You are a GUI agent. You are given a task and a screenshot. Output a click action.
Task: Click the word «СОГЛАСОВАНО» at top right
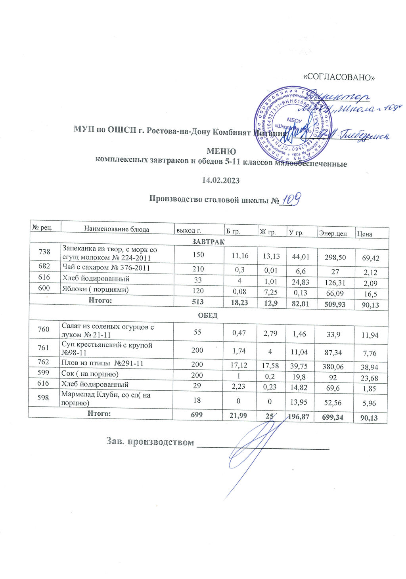pos(339,77)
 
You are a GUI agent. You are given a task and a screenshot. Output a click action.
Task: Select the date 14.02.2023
pos(221,180)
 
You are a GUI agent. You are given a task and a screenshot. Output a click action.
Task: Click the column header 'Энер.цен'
pos(333,233)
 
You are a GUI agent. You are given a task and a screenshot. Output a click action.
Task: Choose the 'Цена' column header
pos(364,234)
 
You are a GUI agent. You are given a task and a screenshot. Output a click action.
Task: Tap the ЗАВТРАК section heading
pos(209,242)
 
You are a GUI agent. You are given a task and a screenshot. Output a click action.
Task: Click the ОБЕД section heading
pos(208,316)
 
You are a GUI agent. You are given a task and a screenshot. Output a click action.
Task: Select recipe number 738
pos(44,252)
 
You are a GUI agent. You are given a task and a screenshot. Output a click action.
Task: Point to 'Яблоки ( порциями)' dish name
pos(95,289)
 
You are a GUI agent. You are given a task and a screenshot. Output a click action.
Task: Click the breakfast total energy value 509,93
pos(335,304)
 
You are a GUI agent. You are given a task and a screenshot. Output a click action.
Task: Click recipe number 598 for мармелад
pos(43,397)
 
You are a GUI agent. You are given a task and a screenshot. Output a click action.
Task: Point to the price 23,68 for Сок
pos(368,378)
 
